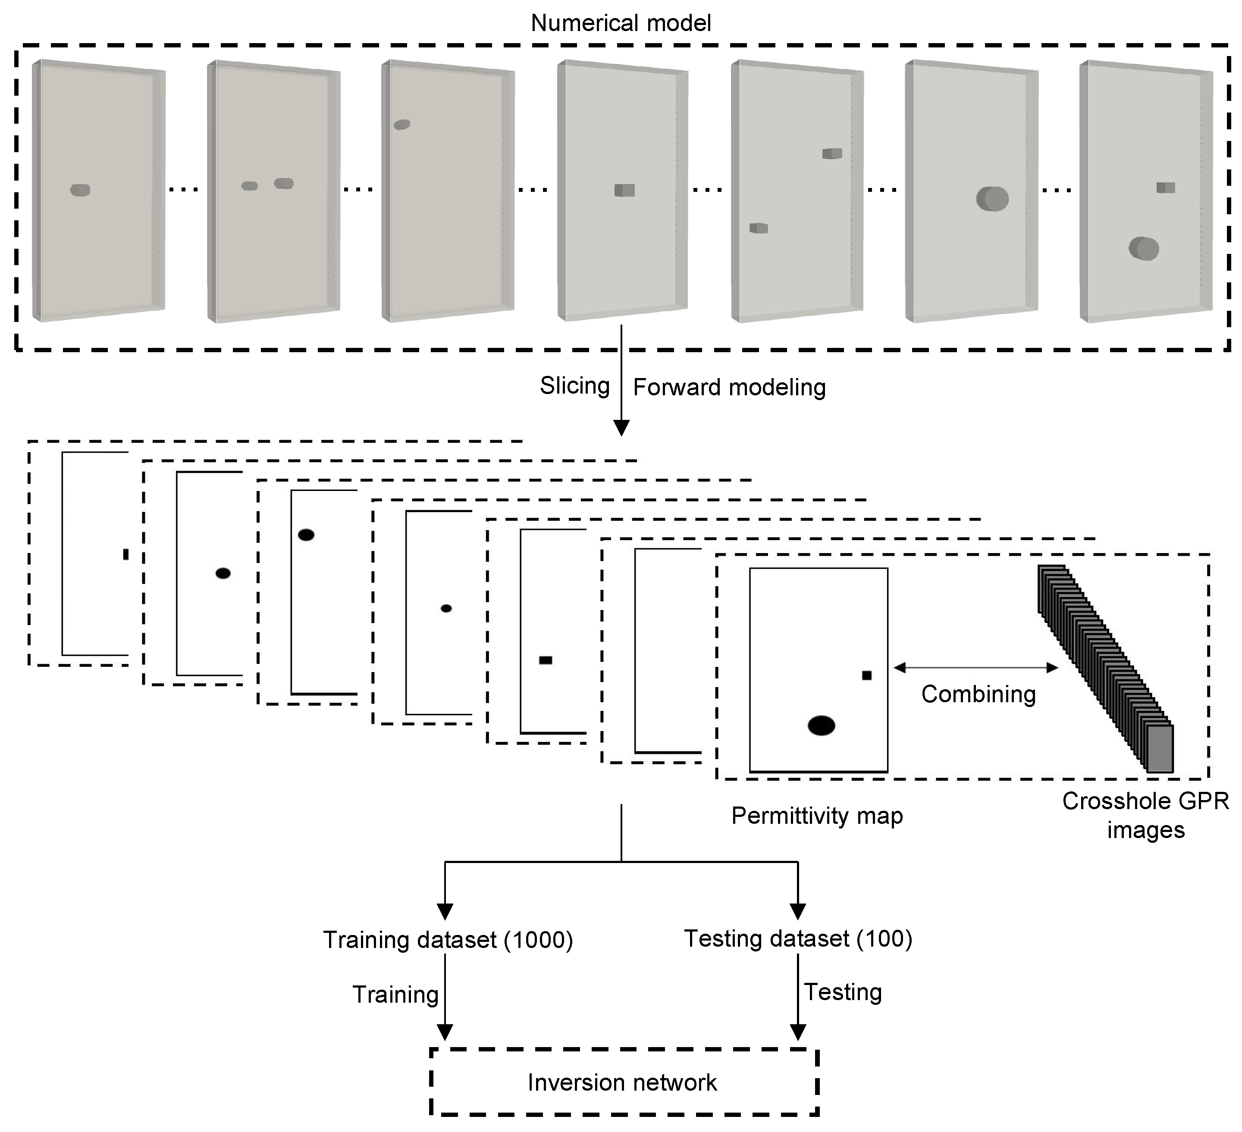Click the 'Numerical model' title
tap(621, 23)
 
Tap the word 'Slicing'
tap(574, 386)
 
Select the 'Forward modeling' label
tap(729, 388)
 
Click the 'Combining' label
tap(978, 694)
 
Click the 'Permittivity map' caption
tap(816, 816)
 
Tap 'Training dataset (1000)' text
tap(448, 940)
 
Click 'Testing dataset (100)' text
tap(797, 938)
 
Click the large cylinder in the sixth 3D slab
tap(992, 199)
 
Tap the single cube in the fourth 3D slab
tap(624, 190)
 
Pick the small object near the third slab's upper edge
tap(401, 125)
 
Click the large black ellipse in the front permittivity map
tap(821, 725)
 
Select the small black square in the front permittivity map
tap(866, 675)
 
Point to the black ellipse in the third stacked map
tap(306, 535)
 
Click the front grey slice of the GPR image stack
tap(1160, 748)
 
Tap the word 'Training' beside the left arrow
tap(395, 994)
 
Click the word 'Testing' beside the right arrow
tap(843, 992)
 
